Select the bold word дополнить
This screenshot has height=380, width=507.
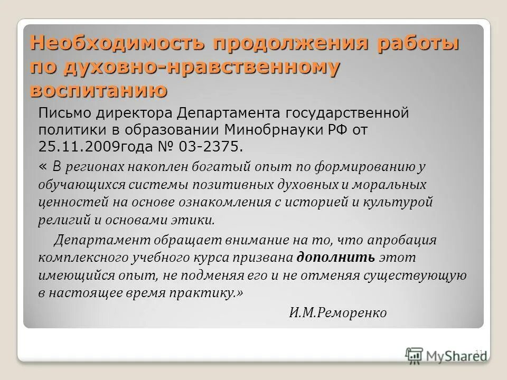click(x=336, y=258)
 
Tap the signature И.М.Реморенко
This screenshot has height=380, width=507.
click(x=338, y=312)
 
